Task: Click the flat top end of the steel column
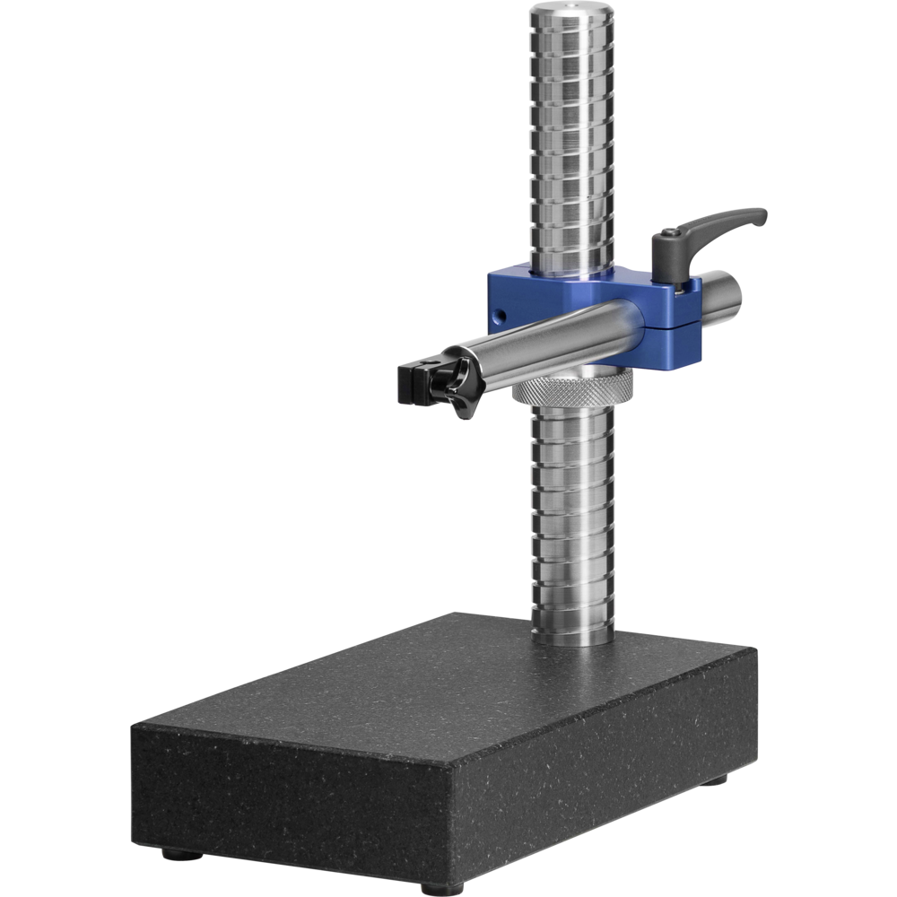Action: pyautogui.click(x=570, y=11)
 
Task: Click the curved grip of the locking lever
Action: pyautogui.click(x=727, y=222)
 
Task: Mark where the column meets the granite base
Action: pyautogui.click(x=572, y=639)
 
